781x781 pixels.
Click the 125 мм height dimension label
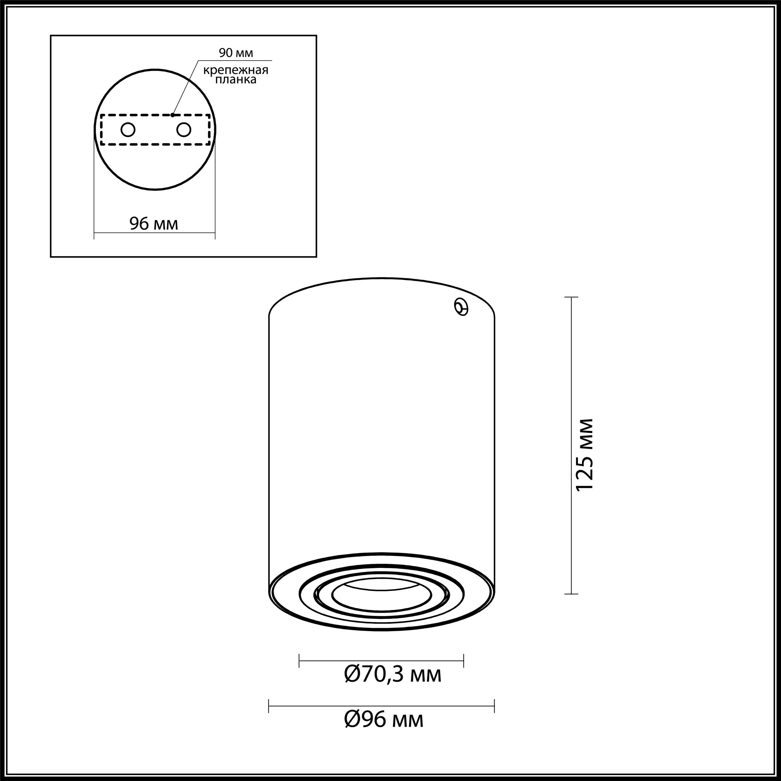point(584,455)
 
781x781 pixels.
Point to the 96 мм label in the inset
point(154,223)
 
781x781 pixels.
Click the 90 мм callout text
point(236,52)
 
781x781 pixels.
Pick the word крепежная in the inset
point(236,70)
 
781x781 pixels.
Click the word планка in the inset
point(236,80)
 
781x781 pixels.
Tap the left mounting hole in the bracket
point(128,130)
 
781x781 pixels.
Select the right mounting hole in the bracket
point(183,130)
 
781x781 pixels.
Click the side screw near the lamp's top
point(461,307)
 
